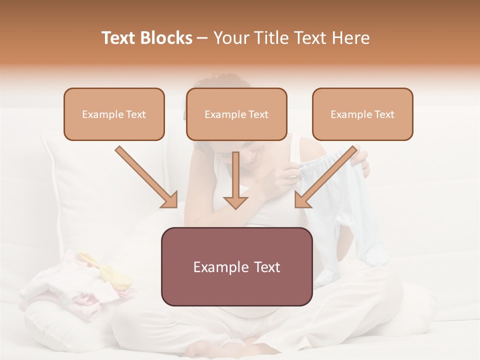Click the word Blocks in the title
(x=167, y=38)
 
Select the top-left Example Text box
(x=114, y=114)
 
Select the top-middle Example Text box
(x=236, y=114)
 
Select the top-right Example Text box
(x=362, y=114)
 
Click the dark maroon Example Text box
(x=236, y=266)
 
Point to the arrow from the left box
(x=147, y=177)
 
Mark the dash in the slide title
(x=202, y=38)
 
